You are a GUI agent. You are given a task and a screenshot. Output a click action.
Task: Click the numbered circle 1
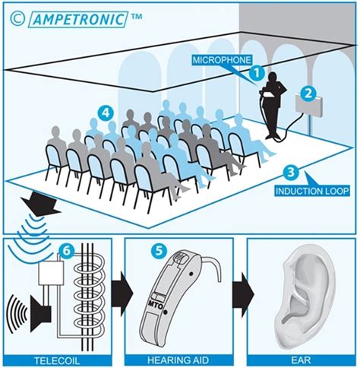pos(257,73)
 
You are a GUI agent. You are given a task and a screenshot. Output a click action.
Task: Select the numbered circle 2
pos(308,93)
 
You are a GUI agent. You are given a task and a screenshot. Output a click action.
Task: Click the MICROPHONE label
pos(223,59)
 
